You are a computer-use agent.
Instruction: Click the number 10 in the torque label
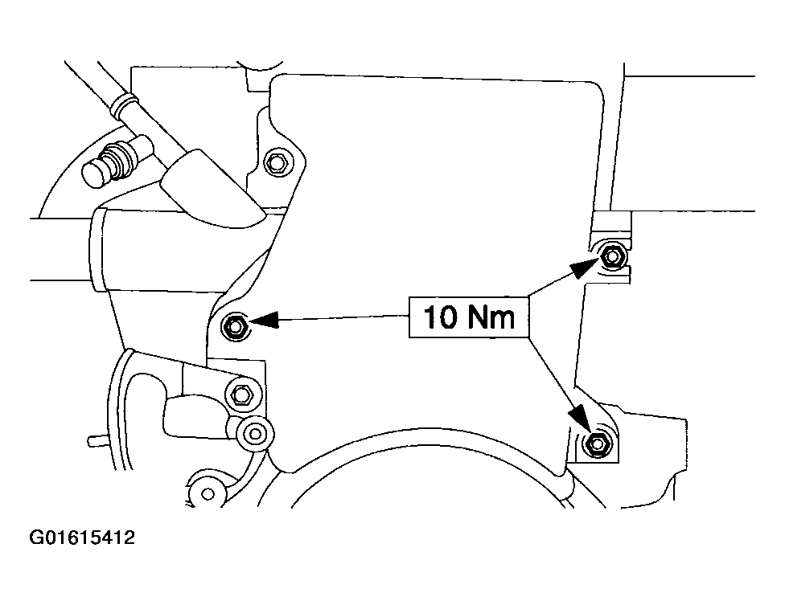[439, 317]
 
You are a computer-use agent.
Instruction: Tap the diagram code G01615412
[82, 538]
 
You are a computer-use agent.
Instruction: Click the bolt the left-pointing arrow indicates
[236, 326]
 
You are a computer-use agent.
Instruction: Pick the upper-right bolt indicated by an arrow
[612, 255]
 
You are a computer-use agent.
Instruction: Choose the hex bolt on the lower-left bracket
[241, 394]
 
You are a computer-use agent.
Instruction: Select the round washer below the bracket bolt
[255, 433]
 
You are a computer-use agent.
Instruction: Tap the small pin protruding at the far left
[94, 439]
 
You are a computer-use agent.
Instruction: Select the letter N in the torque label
[479, 317]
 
